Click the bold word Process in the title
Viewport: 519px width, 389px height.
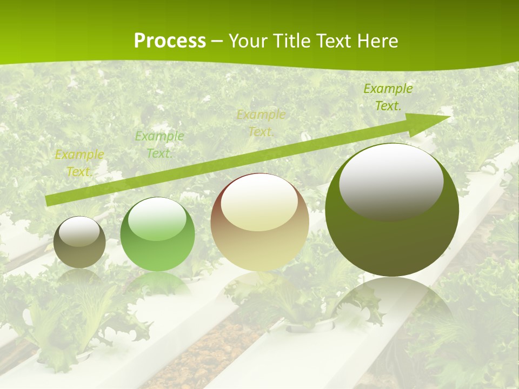tap(170, 41)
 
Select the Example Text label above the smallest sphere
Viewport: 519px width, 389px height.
tap(79, 163)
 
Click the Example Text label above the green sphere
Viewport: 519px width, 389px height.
tap(159, 145)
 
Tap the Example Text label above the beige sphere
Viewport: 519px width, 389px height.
tap(261, 123)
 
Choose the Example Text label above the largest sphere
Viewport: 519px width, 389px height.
tap(388, 97)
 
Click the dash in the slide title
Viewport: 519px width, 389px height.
tap(217, 41)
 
